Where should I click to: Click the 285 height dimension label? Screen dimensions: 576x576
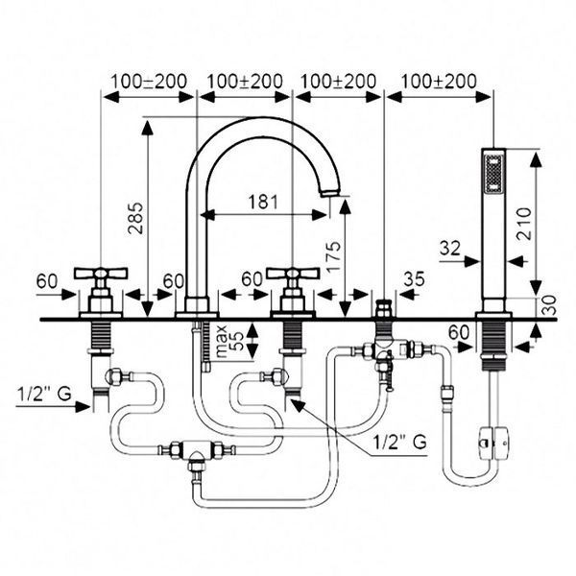[x=135, y=218]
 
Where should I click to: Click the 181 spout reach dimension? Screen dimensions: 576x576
[x=263, y=202]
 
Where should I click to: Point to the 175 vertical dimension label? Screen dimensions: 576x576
[x=333, y=256]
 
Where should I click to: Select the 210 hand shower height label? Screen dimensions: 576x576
[x=524, y=224]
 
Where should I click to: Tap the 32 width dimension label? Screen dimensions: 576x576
[x=450, y=249]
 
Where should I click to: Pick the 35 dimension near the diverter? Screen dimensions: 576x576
[x=415, y=278]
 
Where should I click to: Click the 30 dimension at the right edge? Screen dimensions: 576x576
[x=549, y=305]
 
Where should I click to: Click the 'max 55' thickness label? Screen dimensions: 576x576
[x=229, y=341]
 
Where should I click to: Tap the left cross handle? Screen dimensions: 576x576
[x=101, y=274]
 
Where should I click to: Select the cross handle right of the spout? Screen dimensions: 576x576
[x=293, y=274]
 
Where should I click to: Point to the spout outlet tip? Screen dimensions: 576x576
[x=329, y=193]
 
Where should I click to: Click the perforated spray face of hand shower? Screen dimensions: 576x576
[x=493, y=174]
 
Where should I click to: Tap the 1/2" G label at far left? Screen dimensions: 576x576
[x=44, y=395]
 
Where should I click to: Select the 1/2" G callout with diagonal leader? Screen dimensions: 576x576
[x=399, y=442]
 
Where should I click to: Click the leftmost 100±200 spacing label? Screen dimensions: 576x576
[x=149, y=82]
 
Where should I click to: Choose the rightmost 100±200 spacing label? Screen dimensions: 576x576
[x=439, y=82]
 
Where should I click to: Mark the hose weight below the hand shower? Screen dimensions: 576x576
[x=494, y=443]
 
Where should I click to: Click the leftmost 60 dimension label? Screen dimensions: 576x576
[x=47, y=281]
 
